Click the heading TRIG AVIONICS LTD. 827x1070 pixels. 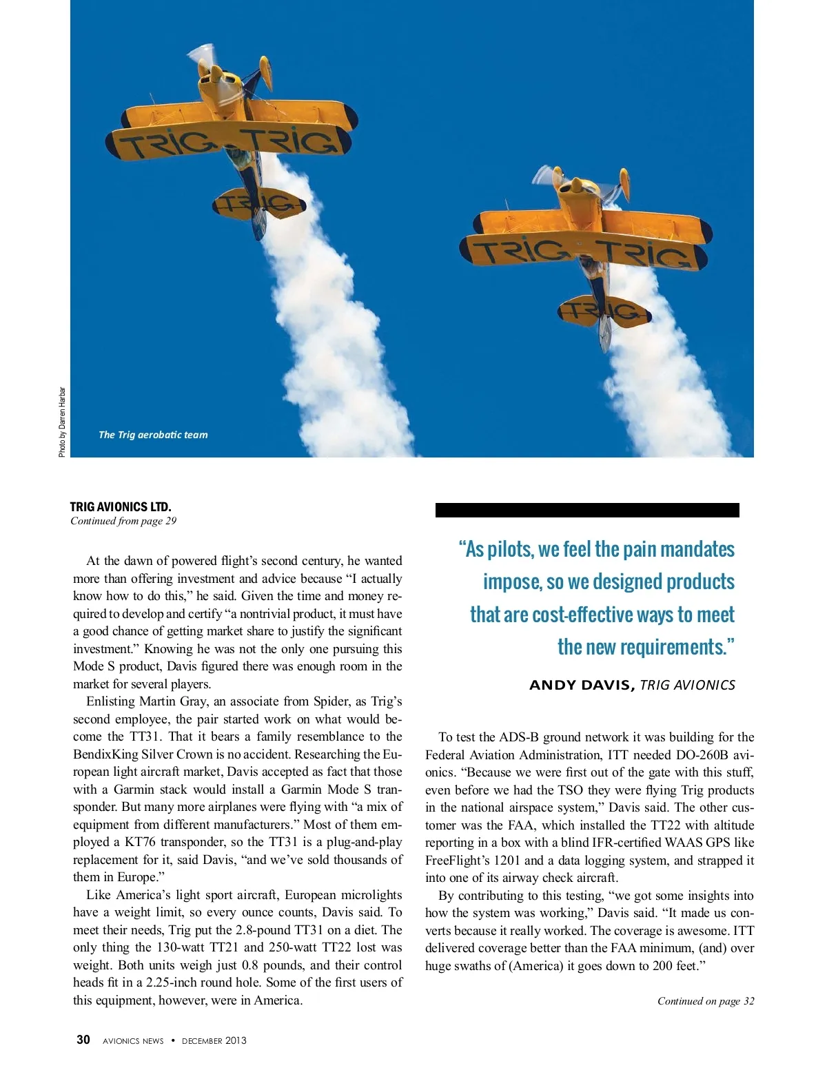pyautogui.click(x=121, y=506)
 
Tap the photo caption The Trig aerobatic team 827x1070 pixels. pyautogui.click(x=153, y=435)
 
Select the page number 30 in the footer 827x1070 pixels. pyautogui.click(x=83, y=1040)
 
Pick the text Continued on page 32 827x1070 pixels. pyautogui.click(x=705, y=1001)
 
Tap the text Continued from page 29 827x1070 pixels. pyautogui.click(x=123, y=521)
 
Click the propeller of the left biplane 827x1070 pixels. pyautogui.click(x=204, y=59)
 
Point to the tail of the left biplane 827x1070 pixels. pyautogui.click(x=256, y=204)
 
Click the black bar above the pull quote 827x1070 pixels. pyautogui.click(x=587, y=510)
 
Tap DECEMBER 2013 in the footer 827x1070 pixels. pyautogui.click(x=214, y=1040)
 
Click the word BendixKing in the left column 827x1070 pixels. pyautogui.click(x=105, y=754)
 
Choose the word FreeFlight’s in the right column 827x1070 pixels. pyautogui.click(x=457, y=860)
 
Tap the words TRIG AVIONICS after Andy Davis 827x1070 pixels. pyautogui.click(x=687, y=685)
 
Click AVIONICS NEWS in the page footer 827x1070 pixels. pyautogui.click(x=133, y=1040)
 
